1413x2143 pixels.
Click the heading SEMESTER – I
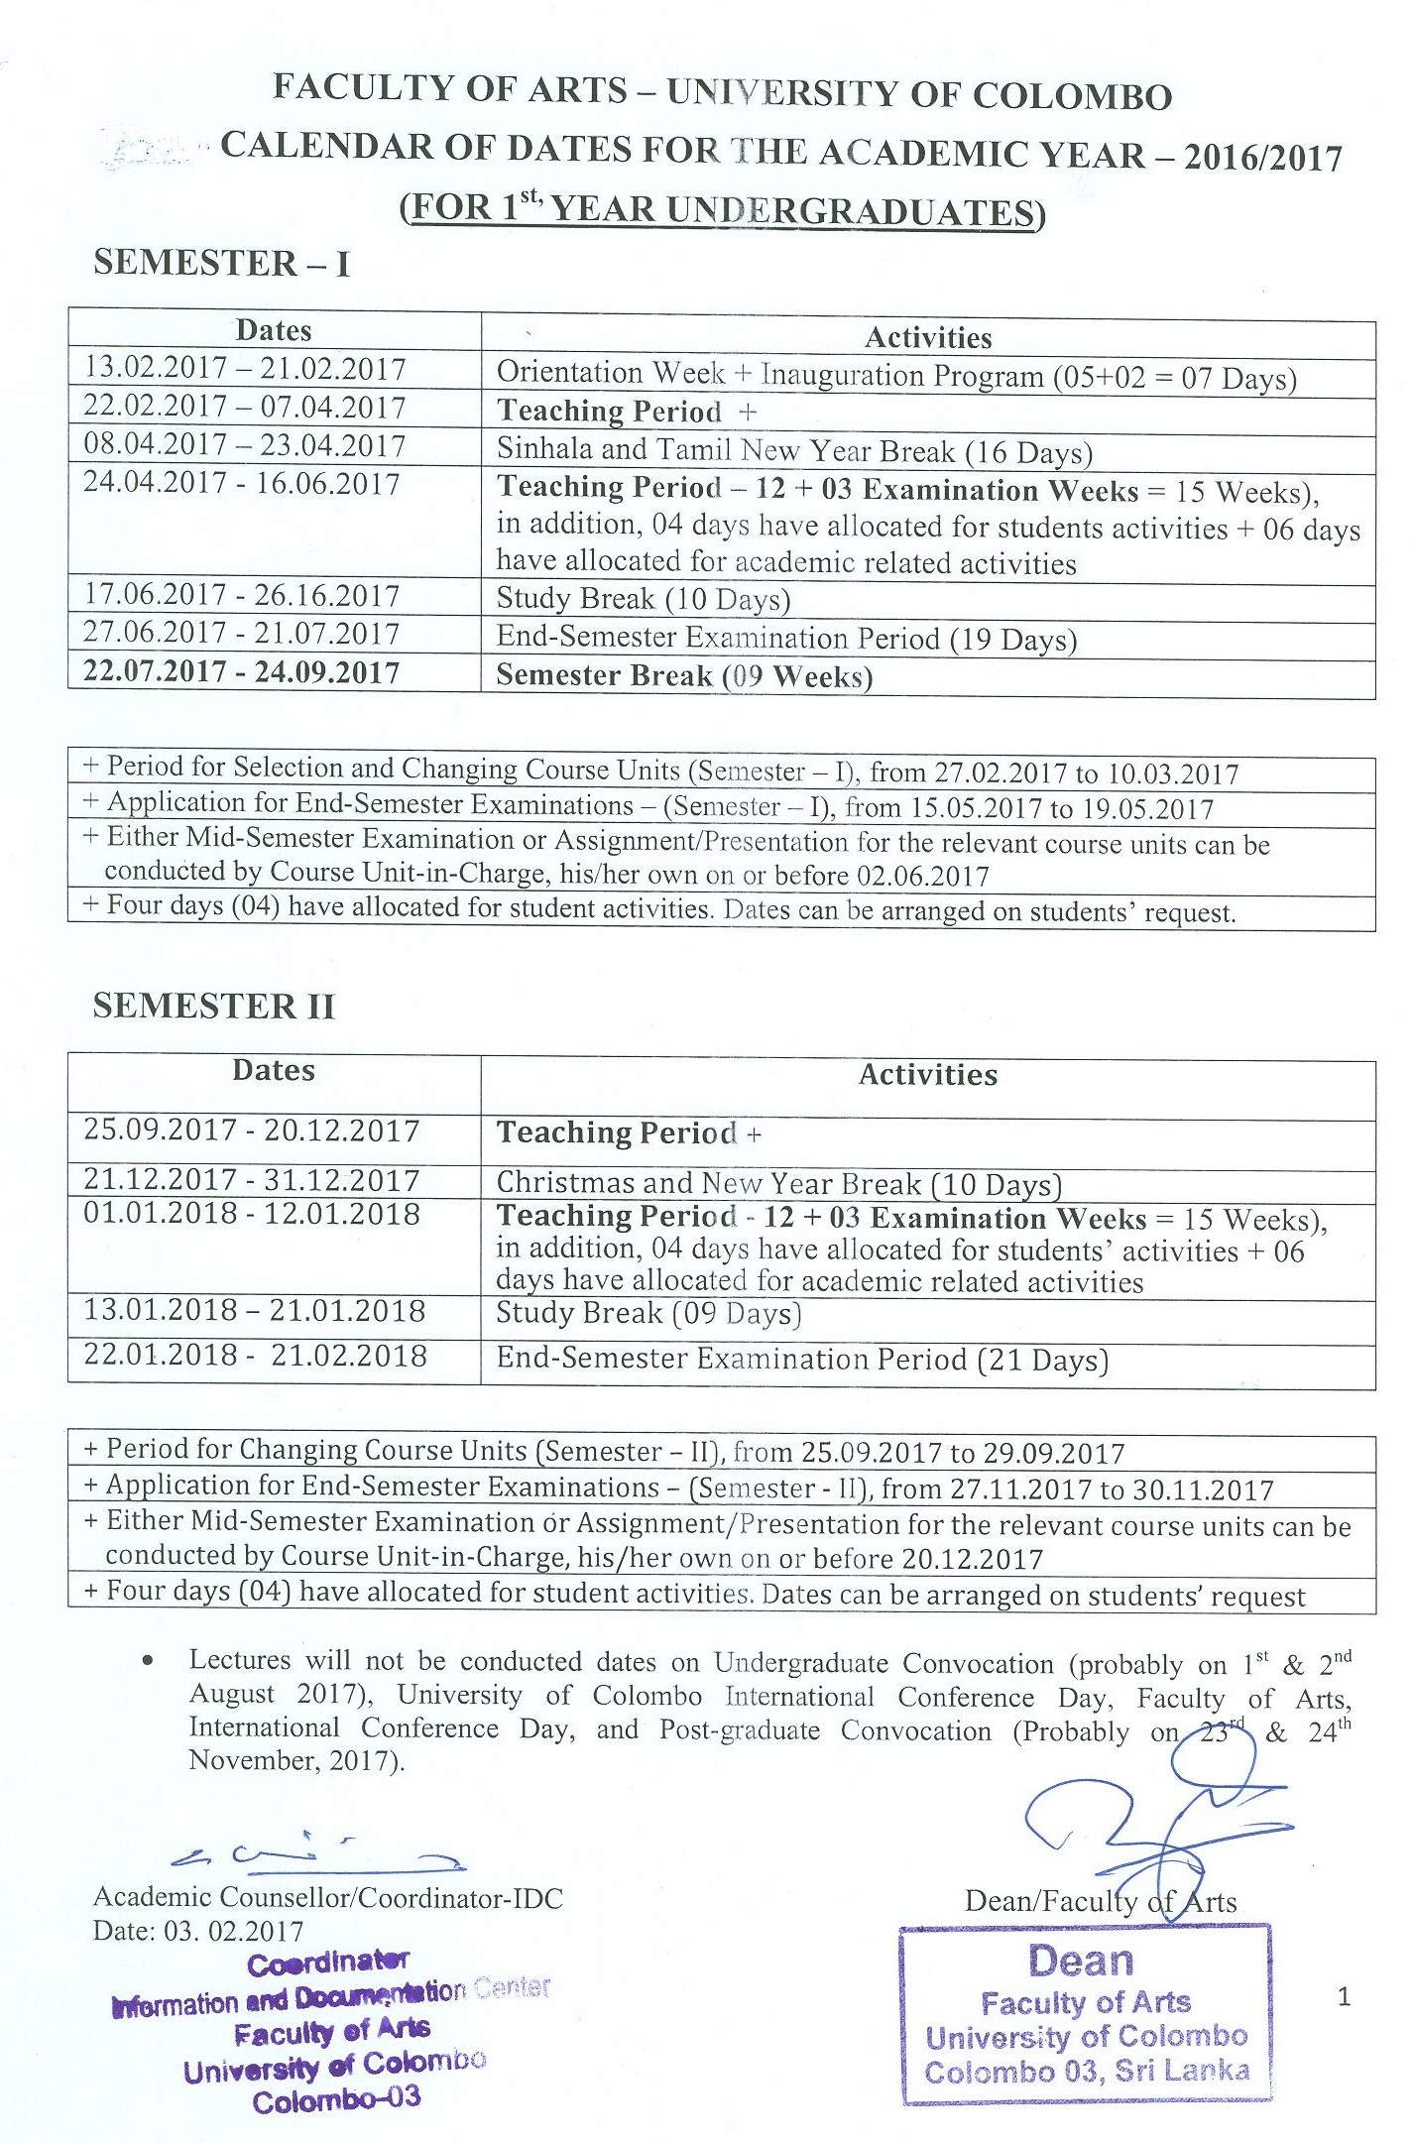click(221, 263)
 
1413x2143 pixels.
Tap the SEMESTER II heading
click(214, 1006)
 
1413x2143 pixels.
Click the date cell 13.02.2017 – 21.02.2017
click(245, 369)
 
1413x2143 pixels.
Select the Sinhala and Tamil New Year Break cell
click(794, 451)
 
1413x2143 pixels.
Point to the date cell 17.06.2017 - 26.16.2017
click(241, 596)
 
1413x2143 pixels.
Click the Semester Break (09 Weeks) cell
click(684, 676)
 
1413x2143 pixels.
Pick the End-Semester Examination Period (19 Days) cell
click(786, 638)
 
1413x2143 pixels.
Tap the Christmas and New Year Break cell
click(778, 1184)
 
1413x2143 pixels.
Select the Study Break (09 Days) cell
click(648, 1314)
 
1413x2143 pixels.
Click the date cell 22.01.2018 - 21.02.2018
click(255, 1356)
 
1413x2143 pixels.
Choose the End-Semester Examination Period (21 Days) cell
click(802, 1359)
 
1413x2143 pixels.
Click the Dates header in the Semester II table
click(274, 1071)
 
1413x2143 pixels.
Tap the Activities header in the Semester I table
click(928, 338)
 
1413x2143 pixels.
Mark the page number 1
click(1344, 1996)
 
